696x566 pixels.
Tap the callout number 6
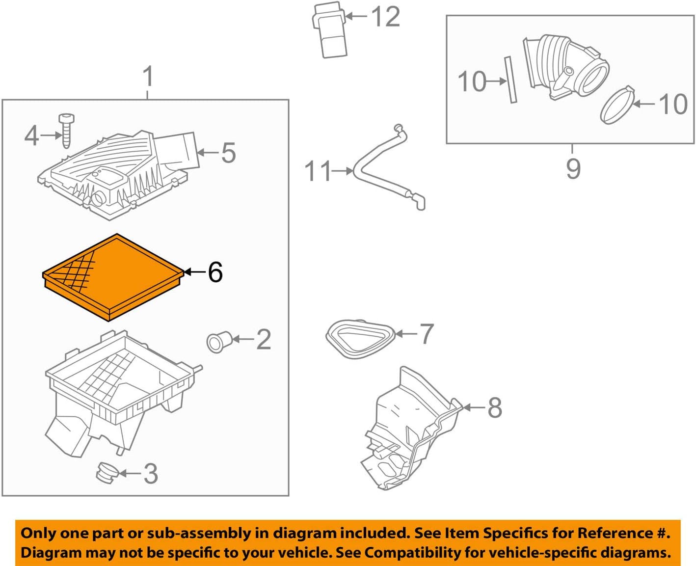215,272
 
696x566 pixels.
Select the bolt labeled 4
66,130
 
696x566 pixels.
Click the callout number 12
385,17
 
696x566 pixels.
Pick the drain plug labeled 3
106,473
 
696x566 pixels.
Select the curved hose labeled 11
385,169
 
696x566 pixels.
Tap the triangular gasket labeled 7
360,339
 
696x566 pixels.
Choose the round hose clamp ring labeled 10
616,106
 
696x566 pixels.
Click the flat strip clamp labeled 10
510,80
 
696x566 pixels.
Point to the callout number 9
573,169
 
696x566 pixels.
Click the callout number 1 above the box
148,77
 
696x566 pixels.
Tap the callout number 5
228,153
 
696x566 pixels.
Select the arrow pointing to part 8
474,407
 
